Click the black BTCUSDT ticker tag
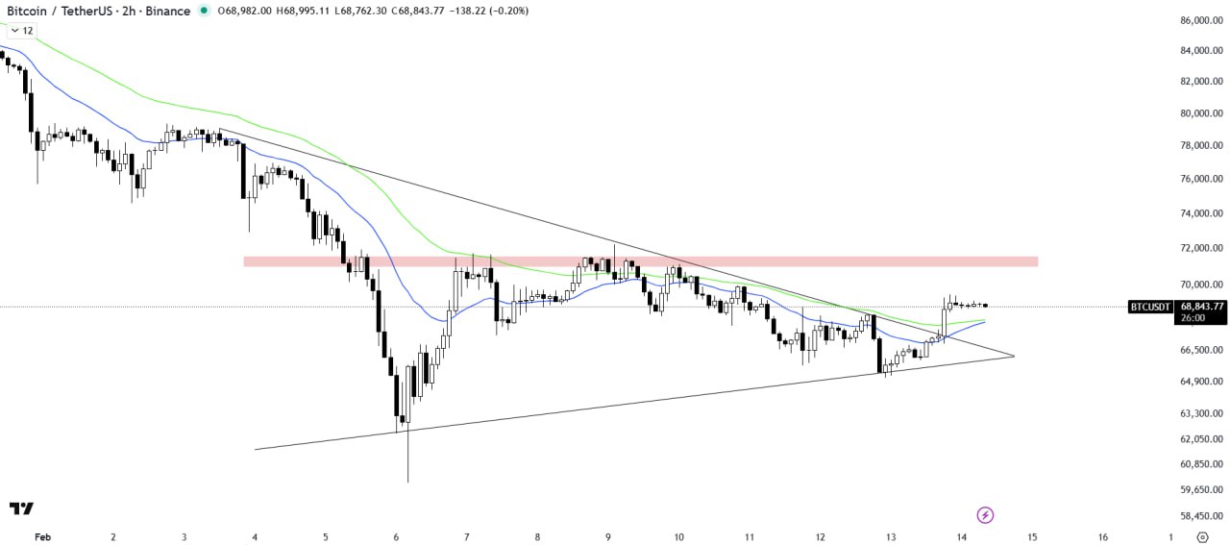tap(1149, 307)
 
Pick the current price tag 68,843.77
tap(1202, 307)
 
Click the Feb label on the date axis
tap(41, 537)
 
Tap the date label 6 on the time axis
tap(396, 537)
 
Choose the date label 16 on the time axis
tap(1102, 537)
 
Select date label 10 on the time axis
tap(678, 537)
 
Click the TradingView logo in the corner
tap(21, 508)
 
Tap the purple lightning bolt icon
tap(984, 515)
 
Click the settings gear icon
tap(1202, 537)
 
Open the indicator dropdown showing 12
tap(21, 31)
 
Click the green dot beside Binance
tap(204, 11)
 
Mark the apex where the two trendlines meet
tap(1015, 356)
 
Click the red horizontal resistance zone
tap(640, 261)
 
